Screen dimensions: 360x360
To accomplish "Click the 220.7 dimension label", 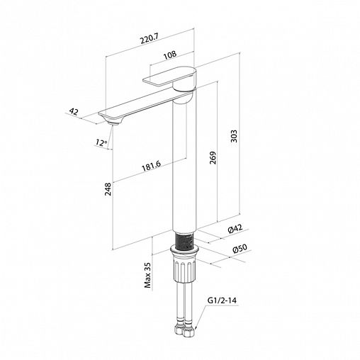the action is coord(150,39).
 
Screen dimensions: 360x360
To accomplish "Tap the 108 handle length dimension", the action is coord(170,55).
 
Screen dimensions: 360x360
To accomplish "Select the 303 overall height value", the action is coord(234,136).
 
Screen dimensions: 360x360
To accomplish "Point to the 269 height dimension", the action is coord(213,158).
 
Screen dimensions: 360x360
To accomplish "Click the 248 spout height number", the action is coord(108,189).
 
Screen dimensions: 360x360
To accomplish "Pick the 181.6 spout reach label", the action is coord(151,166).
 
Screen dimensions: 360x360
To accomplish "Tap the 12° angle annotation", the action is coord(101,142).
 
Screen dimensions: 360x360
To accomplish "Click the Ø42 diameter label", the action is coord(235,229).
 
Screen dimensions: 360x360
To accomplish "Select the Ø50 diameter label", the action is coord(240,249).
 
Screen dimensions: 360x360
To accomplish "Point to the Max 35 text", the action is coord(147,275).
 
